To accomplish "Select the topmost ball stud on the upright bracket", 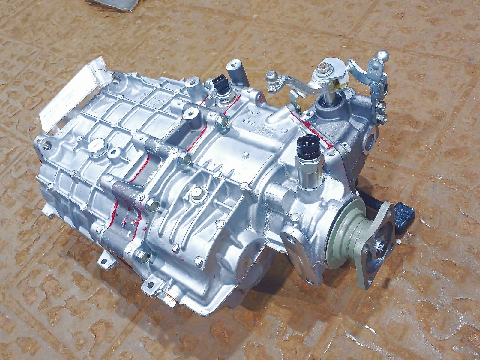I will (x=383, y=55).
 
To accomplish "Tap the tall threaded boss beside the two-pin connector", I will (x=235, y=72).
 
